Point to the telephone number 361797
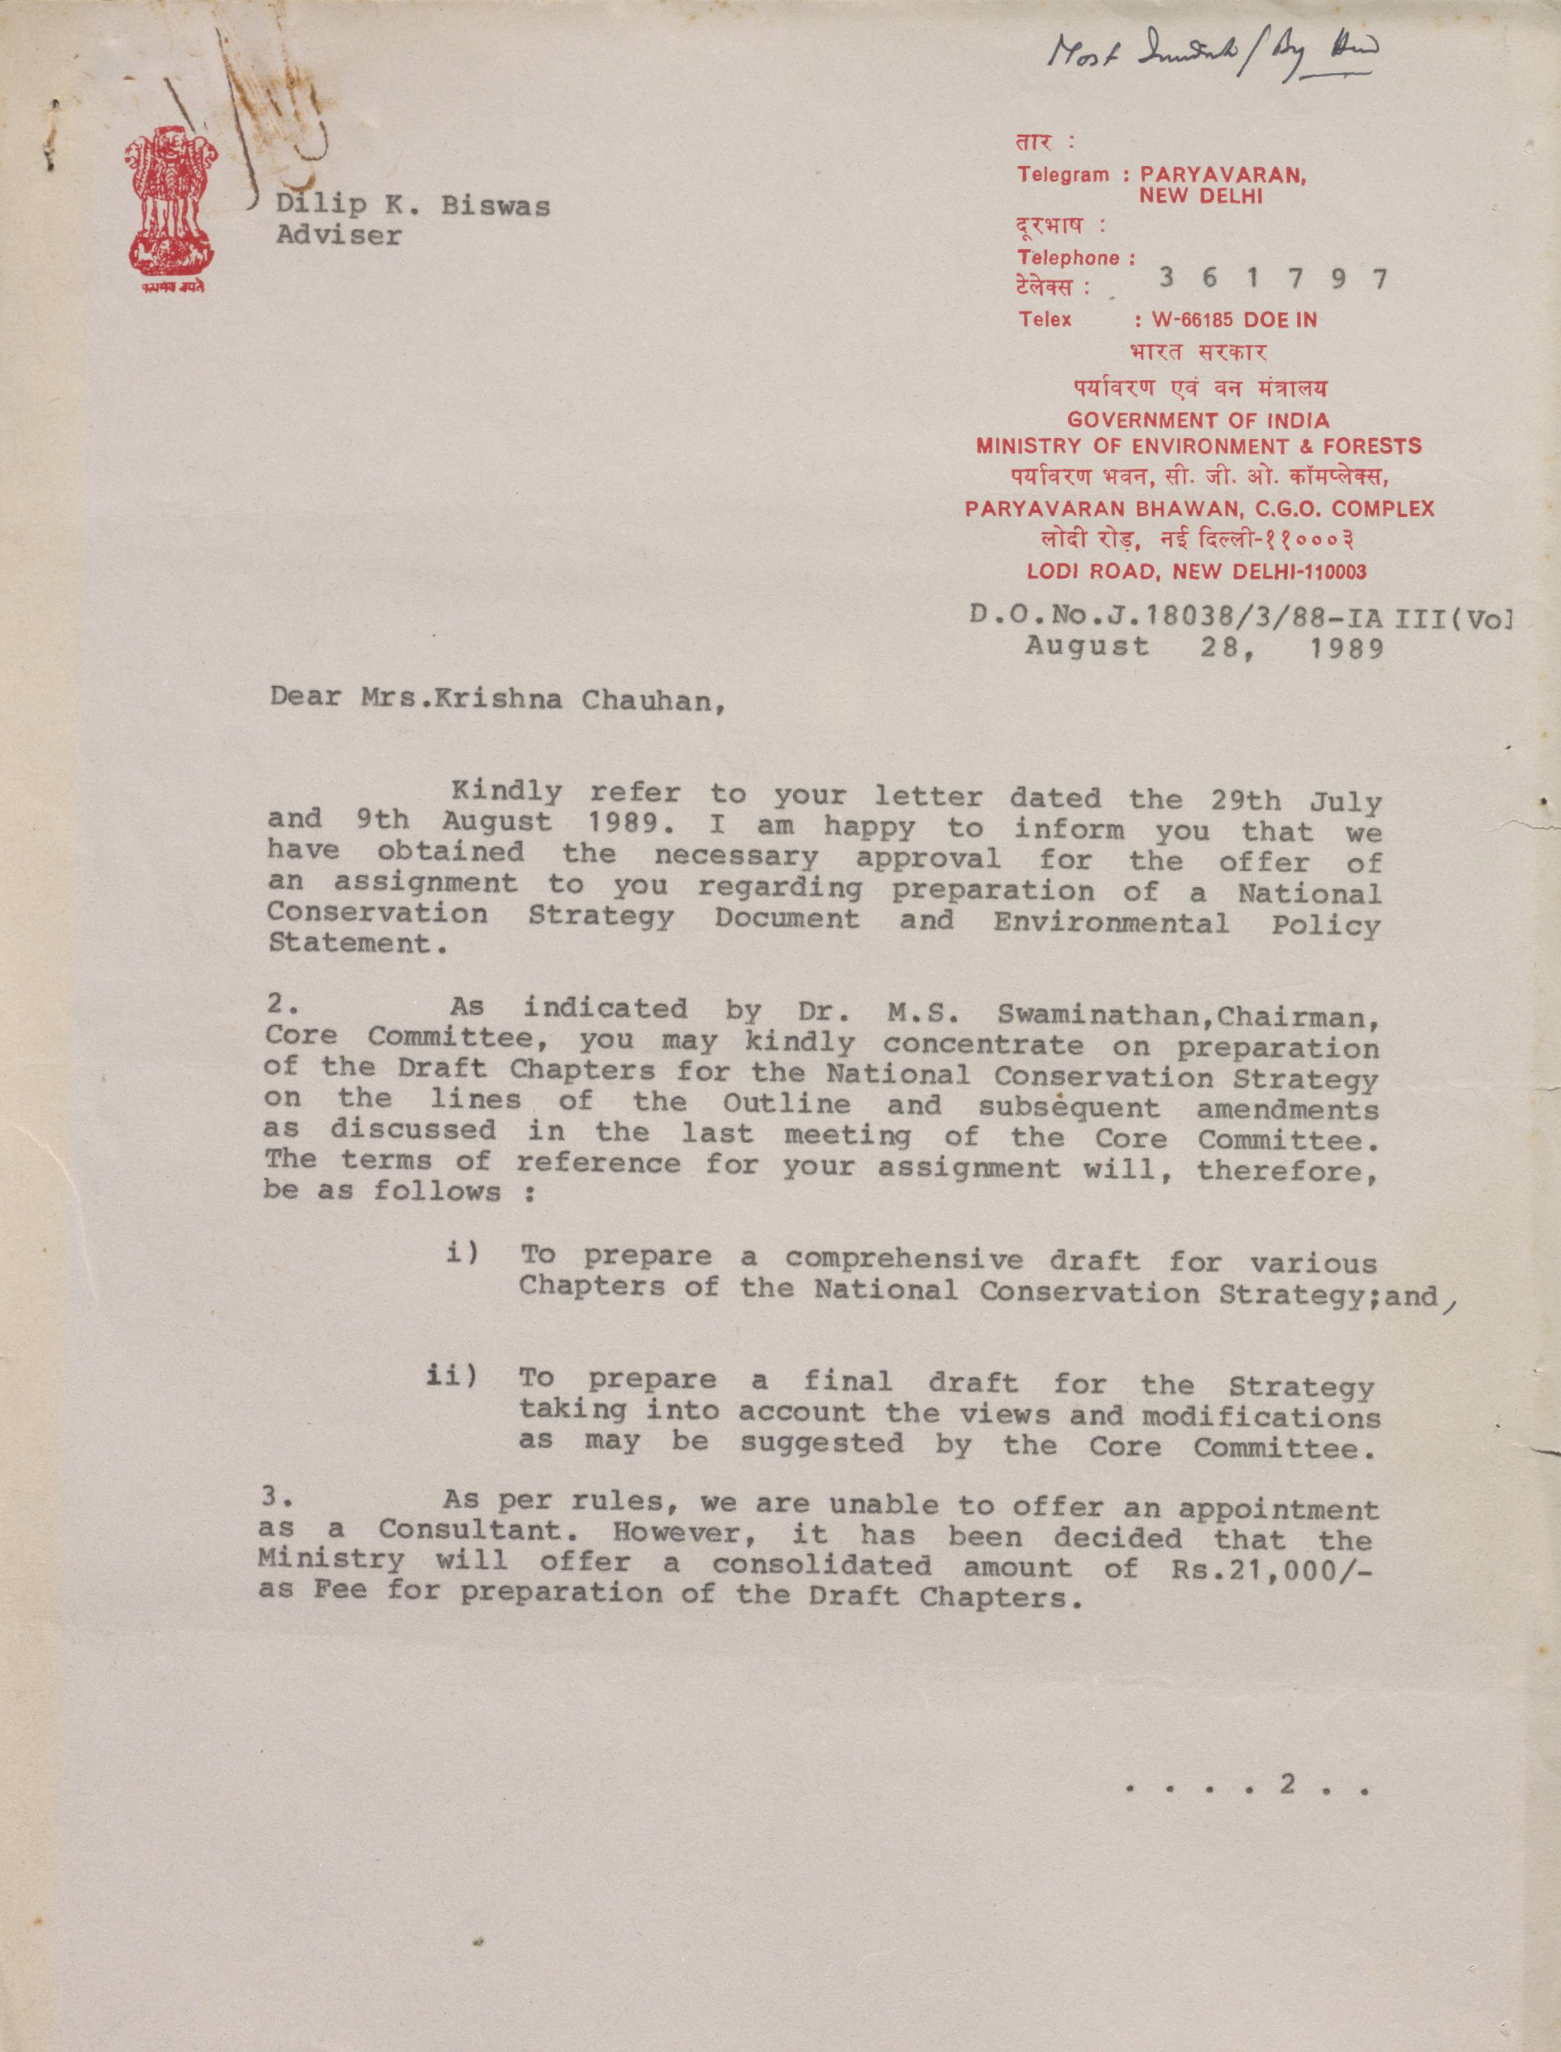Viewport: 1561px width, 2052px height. click(1273, 278)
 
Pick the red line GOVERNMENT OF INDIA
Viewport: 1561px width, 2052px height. click(1198, 420)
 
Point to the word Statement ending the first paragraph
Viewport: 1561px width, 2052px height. click(350, 944)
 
